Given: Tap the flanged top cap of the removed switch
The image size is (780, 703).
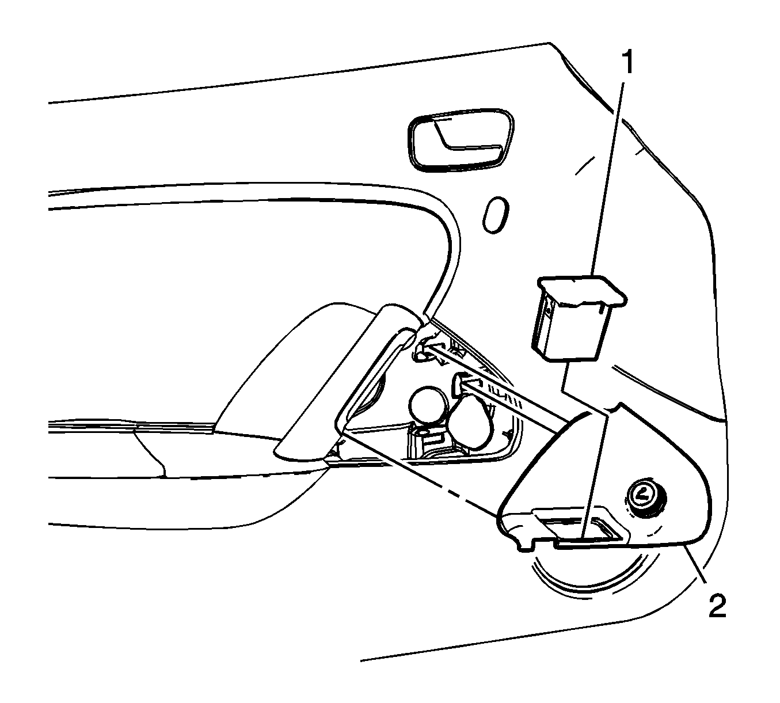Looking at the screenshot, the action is pos(583,291).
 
